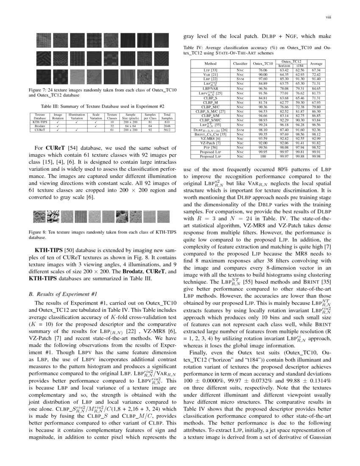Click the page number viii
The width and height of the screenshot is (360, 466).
coord(327,17)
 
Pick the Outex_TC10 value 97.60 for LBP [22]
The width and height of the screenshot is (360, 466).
coord(263,78)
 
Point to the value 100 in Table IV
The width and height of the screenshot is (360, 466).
coord(263,156)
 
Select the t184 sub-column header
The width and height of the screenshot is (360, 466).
coord(299,66)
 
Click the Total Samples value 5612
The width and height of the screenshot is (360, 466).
coord(167,130)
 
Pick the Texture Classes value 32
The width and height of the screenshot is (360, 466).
coord(112,126)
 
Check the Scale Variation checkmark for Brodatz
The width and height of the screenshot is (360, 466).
coord(96,126)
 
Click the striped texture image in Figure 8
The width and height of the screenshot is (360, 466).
coord(80,217)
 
